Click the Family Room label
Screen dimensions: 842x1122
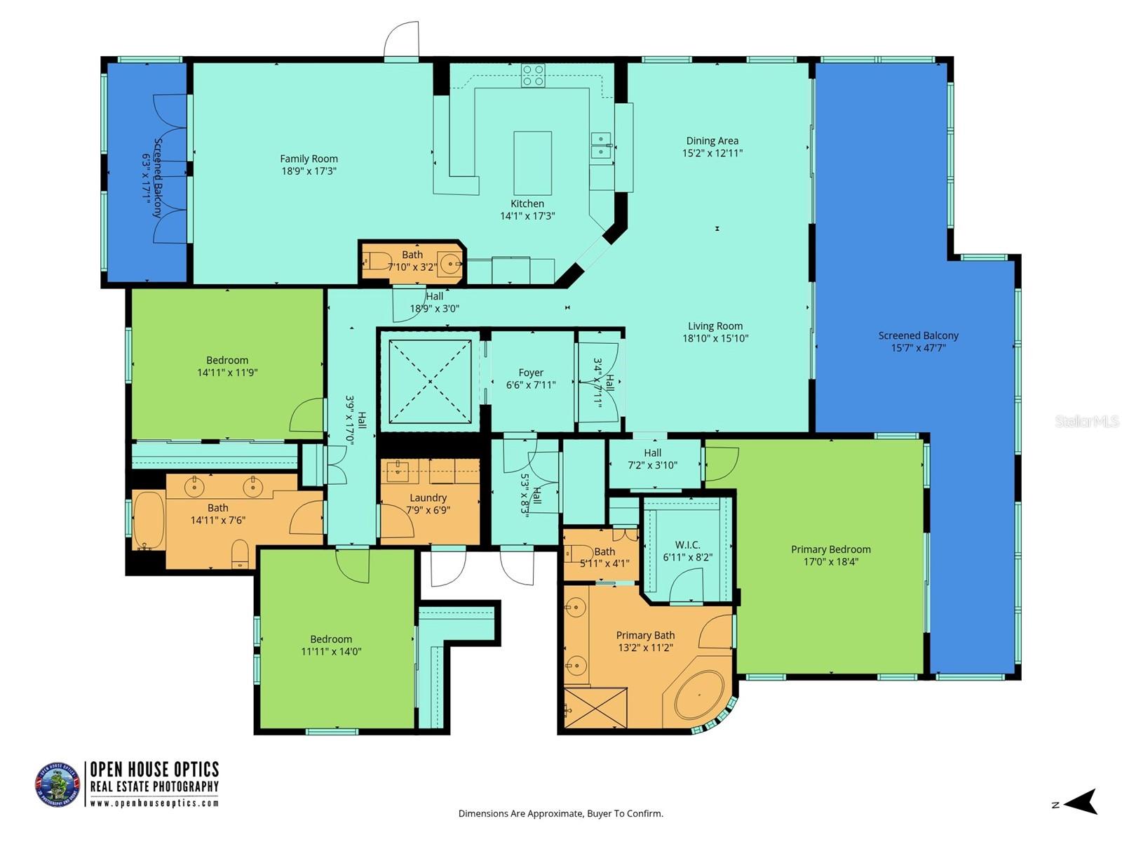coord(309,159)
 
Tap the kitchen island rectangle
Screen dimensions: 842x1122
coord(532,163)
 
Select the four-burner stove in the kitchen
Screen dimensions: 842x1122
coord(533,76)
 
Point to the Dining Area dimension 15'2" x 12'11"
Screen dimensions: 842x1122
coord(712,153)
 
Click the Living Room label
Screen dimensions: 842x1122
coord(715,326)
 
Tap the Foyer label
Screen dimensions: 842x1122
coord(531,373)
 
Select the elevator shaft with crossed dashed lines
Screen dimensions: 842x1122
coord(429,381)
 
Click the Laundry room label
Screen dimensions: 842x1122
coord(428,498)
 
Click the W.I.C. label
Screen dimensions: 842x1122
coord(687,545)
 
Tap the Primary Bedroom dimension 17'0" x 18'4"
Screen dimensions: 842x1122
coord(830,561)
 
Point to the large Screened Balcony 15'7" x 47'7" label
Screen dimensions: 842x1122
coord(918,336)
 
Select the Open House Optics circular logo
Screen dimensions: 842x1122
coord(58,784)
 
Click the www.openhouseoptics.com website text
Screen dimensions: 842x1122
coord(154,803)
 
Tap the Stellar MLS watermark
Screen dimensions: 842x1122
coord(1086,421)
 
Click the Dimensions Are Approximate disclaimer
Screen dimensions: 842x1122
coord(560,814)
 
